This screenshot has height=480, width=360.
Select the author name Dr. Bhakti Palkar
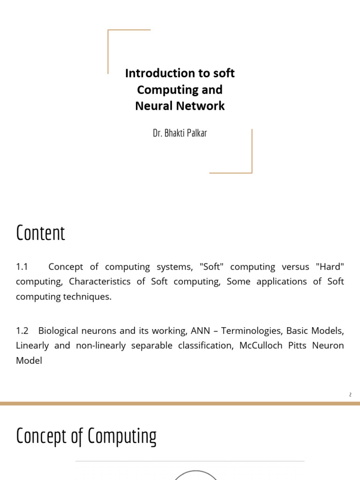pyautogui.click(x=180, y=133)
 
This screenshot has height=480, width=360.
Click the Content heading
pyautogui.click(x=40, y=233)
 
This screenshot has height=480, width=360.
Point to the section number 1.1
pyautogui.click(x=22, y=267)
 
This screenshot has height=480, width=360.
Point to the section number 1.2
pyautogui.click(x=22, y=330)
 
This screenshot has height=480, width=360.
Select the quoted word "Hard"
pyautogui.click(x=330, y=267)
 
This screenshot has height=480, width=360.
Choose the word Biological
pyautogui.click(x=60, y=330)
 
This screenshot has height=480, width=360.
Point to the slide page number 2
pyautogui.click(x=350, y=395)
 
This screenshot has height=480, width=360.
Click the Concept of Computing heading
pyautogui.click(x=86, y=436)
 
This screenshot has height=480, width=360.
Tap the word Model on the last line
pyautogui.click(x=29, y=360)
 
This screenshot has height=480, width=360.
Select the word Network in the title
pyautogui.click(x=203, y=106)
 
